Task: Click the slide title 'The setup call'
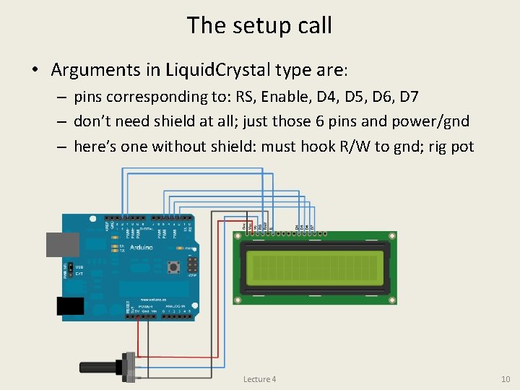pos(259,25)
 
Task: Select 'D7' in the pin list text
pos(428,97)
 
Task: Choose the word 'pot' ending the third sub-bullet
pos(462,147)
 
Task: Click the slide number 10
pos(505,379)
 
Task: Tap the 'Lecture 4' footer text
pos(259,379)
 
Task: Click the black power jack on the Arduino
pos(70,308)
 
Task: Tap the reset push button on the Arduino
pos(173,267)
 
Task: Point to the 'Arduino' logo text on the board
pos(142,247)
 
